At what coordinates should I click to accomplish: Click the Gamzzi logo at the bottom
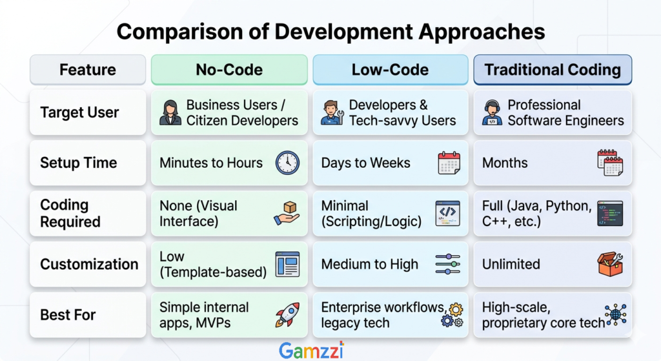pos(312,351)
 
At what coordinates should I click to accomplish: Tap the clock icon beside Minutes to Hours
pos(287,163)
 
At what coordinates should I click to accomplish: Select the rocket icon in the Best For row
pos(287,315)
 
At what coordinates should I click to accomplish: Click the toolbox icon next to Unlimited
pos(610,264)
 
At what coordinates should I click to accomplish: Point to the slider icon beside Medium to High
pos(448,264)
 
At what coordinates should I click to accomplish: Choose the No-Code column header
pos(229,70)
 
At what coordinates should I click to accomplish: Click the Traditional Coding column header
pos(553,70)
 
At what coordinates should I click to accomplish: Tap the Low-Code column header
pos(391,70)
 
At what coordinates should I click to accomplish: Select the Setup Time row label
pos(78,163)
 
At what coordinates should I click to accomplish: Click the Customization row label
pos(89,264)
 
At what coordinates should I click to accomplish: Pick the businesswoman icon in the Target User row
pos(170,112)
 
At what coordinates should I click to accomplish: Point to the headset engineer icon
pos(492,112)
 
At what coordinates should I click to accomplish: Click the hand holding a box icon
pos(287,213)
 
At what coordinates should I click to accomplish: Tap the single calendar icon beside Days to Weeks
pos(449,163)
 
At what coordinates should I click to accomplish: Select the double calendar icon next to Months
pos(610,163)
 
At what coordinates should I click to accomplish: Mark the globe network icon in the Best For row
pos(615,315)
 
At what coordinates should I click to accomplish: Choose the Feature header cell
pos(88,70)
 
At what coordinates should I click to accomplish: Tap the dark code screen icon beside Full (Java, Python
pos(610,213)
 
